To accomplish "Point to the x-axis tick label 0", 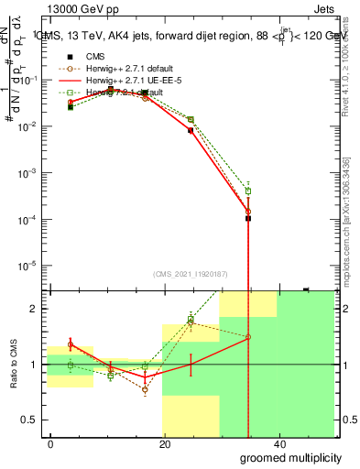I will point(51,444).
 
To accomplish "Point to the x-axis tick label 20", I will point(164,444).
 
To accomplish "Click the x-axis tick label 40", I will point(278,444).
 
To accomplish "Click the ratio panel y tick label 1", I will point(35,365).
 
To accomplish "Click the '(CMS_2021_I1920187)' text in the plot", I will point(190,273).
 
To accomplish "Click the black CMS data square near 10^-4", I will point(248,218).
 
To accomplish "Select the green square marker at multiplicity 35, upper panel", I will point(248,191).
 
